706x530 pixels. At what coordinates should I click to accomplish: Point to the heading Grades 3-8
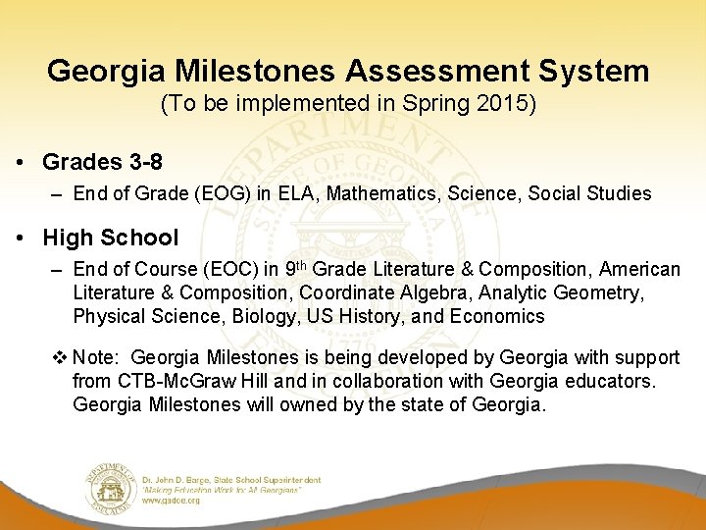pyautogui.click(x=102, y=162)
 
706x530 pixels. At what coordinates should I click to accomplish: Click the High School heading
pyautogui.click(x=110, y=238)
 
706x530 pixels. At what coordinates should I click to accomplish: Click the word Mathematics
pyautogui.click(x=383, y=193)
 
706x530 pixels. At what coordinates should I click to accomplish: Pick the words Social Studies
pyautogui.click(x=589, y=193)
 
